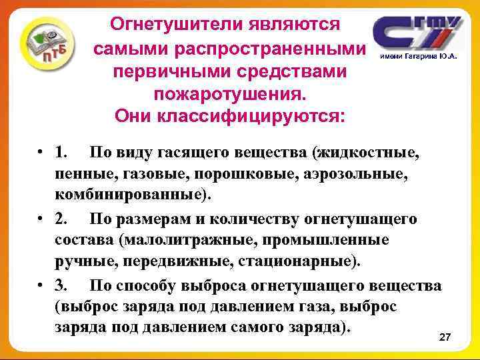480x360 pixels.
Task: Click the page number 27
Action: pos(445,339)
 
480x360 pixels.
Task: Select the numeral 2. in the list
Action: pos(65,219)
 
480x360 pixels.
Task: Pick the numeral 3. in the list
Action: pos(65,286)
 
